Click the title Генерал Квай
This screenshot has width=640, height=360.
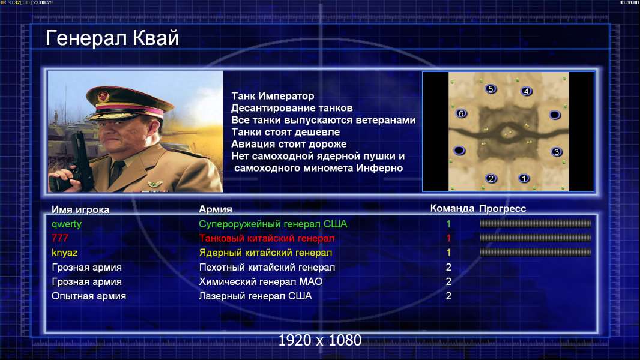(x=112, y=38)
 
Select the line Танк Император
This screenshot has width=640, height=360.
(x=273, y=96)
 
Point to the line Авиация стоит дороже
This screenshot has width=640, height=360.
(x=289, y=144)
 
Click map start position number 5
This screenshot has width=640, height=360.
(x=491, y=89)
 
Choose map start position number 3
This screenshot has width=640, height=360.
(x=557, y=152)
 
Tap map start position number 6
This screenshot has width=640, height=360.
(x=461, y=113)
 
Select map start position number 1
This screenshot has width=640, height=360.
(x=524, y=178)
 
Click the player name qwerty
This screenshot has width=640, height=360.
(x=67, y=224)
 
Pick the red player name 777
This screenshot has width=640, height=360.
(x=59, y=238)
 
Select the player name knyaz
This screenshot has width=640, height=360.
(x=64, y=253)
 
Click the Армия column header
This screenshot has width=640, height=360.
(x=215, y=209)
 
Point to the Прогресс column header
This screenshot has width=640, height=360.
(x=503, y=209)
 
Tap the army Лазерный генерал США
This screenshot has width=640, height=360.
(x=255, y=296)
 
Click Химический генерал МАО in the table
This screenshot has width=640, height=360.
(x=261, y=282)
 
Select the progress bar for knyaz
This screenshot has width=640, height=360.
(x=536, y=253)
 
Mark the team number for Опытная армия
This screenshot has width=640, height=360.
(x=448, y=296)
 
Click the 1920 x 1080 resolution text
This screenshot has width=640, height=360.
(x=319, y=340)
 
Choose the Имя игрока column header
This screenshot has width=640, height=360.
(x=80, y=209)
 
